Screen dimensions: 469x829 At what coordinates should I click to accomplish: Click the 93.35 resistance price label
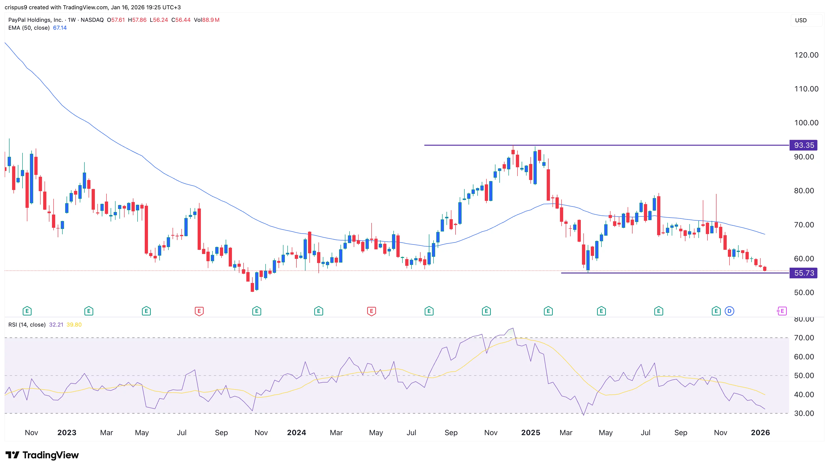click(x=803, y=145)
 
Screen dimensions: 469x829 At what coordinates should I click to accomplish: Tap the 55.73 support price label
click(x=803, y=273)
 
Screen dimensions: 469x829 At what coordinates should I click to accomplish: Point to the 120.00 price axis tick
click(x=806, y=55)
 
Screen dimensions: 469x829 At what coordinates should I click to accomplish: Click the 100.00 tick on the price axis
click(x=806, y=123)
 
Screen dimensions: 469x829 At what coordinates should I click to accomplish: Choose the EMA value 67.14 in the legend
click(x=60, y=28)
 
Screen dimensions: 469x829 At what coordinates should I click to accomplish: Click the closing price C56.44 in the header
click(x=181, y=20)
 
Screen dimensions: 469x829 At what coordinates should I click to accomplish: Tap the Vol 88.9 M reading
click(x=206, y=20)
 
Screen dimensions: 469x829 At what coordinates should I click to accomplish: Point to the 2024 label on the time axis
click(x=296, y=433)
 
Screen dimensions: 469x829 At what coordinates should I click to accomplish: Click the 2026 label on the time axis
click(x=760, y=433)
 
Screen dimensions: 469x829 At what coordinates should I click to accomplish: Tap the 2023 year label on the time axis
click(x=67, y=433)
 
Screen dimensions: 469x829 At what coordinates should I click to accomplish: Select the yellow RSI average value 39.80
click(x=74, y=325)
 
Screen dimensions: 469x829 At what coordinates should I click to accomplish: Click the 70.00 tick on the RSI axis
click(x=804, y=338)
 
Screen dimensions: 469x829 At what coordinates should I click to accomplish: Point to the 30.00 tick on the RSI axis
click(x=804, y=413)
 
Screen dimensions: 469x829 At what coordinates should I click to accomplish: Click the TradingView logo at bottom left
click(x=42, y=455)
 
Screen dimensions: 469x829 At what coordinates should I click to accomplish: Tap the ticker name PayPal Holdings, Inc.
click(x=35, y=20)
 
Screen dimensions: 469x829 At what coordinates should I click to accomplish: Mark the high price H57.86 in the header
click(x=137, y=20)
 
